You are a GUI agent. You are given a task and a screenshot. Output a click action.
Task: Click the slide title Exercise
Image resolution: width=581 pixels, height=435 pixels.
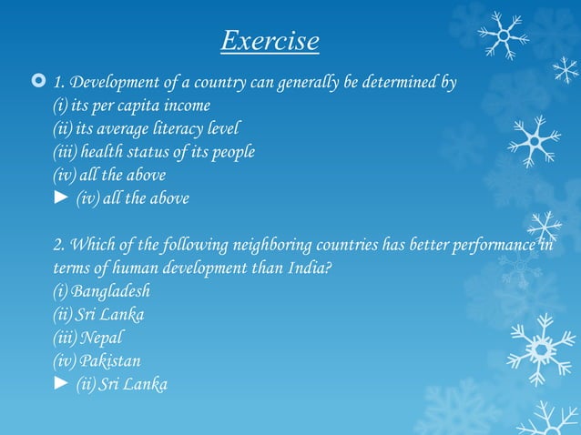pyautogui.click(x=270, y=41)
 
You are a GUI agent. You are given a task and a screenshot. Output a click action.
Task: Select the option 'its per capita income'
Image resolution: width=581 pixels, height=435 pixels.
pyautogui.click(x=132, y=106)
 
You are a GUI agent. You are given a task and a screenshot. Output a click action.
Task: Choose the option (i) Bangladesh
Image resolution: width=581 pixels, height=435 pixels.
pyautogui.click(x=101, y=292)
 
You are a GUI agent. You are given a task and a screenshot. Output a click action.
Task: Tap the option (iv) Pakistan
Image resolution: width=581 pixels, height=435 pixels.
pyautogui.click(x=97, y=361)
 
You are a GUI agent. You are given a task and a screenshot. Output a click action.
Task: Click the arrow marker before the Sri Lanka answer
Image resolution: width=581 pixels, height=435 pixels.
pyautogui.click(x=61, y=385)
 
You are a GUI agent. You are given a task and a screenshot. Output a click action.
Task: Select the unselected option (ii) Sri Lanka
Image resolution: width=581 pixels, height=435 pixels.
pyautogui.click(x=98, y=315)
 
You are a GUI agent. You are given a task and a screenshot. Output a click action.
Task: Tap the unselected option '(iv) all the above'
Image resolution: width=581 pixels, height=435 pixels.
pyautogui.click(x=109, y=175)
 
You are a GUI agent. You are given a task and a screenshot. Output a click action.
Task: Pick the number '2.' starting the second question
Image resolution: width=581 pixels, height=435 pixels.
pyautogui.click(x=59, y=245)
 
